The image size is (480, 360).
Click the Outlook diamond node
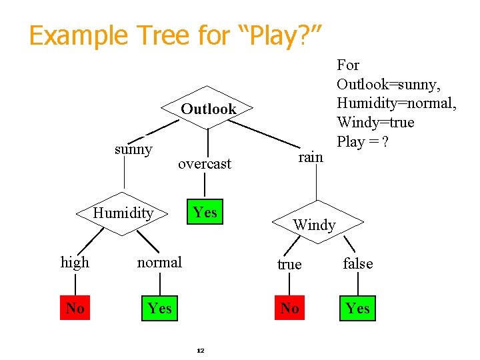tap(208, 109)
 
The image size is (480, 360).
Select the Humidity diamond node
tap(123, 213)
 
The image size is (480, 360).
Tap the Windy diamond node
tap(315, 224)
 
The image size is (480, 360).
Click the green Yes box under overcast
tap(205, 212)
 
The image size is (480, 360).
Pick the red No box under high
tap(75, 308)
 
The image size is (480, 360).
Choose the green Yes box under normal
tap(160, 308)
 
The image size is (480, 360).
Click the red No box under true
tap(289, 308)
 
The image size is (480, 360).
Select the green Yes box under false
tap(358, 308)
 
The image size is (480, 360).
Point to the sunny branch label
tap(133, 149)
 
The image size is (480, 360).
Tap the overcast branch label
tap(205, 163)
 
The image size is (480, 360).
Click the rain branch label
tap(310, 157)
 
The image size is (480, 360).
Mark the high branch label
tap(75, 263)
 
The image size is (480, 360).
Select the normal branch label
tap(159, 263)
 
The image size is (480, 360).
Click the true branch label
tap(289, 265)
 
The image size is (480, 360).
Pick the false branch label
tap(358, 264)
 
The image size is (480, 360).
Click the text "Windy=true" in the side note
tap(375, 123)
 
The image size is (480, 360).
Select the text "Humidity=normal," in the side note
tap(396, 103)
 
